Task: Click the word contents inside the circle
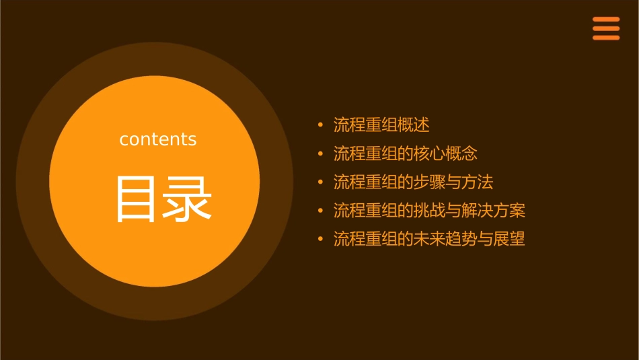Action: pos(158,139)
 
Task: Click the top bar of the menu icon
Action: pos(606,20)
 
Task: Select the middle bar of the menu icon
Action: pos(606,28)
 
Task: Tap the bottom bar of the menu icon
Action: pos(606,38)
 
